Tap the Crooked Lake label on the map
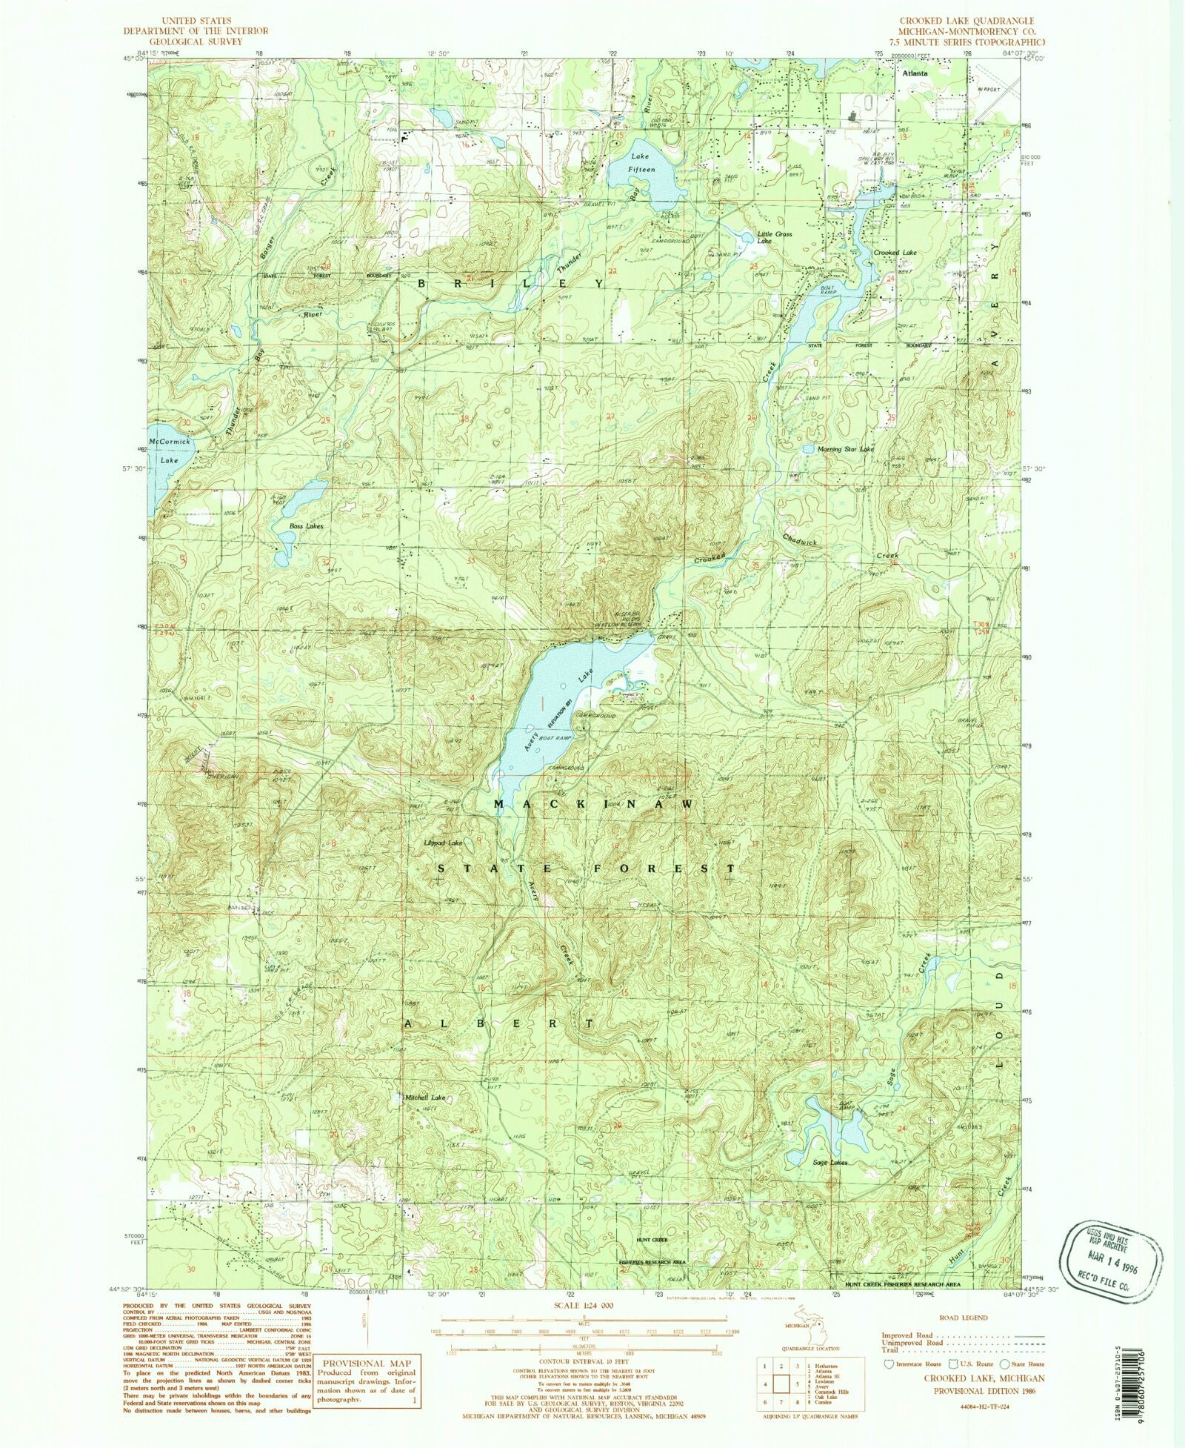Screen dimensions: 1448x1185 tap(895, 253)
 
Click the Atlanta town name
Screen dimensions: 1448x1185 tap(915, 74)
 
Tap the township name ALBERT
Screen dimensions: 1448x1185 tap(498, 1023)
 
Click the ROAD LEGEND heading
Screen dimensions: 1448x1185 tap(962, 1318)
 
